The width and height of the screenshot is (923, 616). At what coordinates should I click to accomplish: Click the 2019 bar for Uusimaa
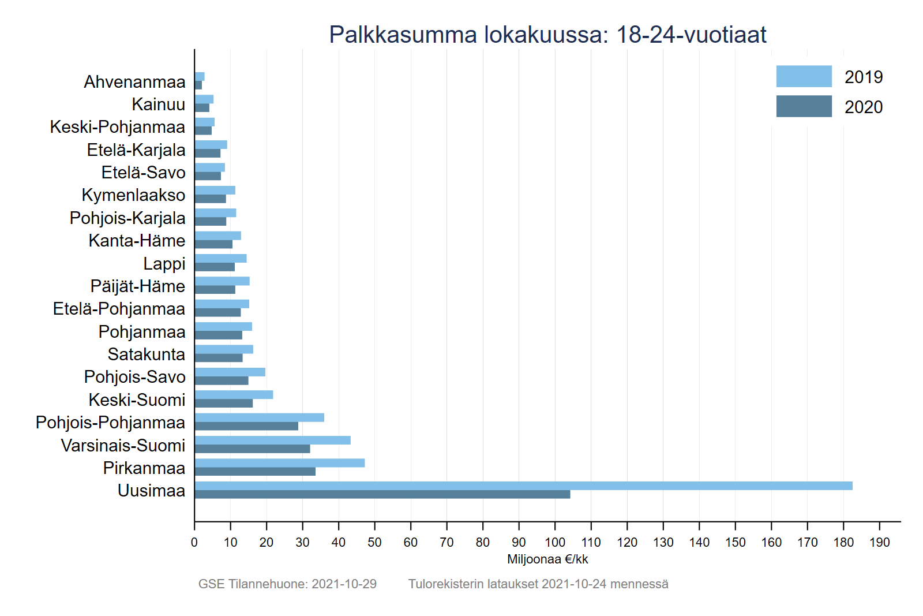(x=523, y=486)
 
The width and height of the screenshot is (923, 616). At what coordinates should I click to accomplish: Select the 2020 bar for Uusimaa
(x=382, y=494)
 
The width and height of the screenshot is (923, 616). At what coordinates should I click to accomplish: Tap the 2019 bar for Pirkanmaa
(x=279, y=463)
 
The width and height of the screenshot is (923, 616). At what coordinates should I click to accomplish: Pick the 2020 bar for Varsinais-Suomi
(x=252, y=449)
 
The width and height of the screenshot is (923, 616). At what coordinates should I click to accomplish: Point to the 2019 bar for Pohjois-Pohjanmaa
(x=259, y=417)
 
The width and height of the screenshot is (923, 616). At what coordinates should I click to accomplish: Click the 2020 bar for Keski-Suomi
(x=223, y=404)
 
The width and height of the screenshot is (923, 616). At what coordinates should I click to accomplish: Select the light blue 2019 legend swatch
(x=804, y=76)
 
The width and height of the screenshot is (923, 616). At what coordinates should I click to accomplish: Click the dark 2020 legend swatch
(x=804, y=106)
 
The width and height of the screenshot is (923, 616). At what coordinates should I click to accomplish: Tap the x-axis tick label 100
(x=555, y=542)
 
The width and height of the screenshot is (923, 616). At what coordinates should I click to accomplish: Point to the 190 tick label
(x=879, y=542)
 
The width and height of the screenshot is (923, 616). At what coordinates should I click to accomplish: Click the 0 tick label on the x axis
(x=194, y=542)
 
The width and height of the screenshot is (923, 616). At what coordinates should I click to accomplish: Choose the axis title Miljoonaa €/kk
(x=547, y=559)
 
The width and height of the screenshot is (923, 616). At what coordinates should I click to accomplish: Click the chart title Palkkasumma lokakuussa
(x=547, y=35)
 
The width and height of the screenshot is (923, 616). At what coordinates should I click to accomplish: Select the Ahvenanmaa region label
(x=134, y=82)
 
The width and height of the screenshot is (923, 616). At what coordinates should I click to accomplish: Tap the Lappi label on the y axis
(x=164, y=264)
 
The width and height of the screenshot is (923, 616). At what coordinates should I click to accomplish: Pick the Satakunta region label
(x=146, y=354)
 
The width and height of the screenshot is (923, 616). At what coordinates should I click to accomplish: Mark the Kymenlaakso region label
(x=133, y=195)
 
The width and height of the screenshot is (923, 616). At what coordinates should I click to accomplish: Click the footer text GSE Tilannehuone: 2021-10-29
(x=287, y=584)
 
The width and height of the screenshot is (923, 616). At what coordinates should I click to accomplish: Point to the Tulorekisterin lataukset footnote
(x=538, y=584)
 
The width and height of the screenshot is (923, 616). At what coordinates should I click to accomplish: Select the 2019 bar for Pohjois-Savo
(x=230, y=372)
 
